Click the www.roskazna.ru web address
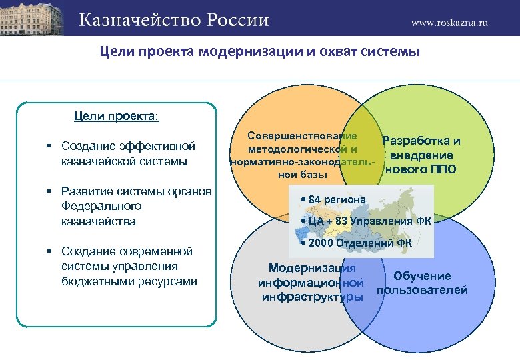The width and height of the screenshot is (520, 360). click(x=449, y=22)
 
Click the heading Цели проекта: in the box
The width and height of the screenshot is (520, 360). click(x=117, y=116)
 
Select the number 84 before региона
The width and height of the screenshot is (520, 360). click(x=315, y=199)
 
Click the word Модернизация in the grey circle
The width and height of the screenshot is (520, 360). click(x=312, y=269)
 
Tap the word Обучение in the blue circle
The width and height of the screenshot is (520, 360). click(x=422, y=276)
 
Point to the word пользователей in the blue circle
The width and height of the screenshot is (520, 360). click(x=422, y=290)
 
